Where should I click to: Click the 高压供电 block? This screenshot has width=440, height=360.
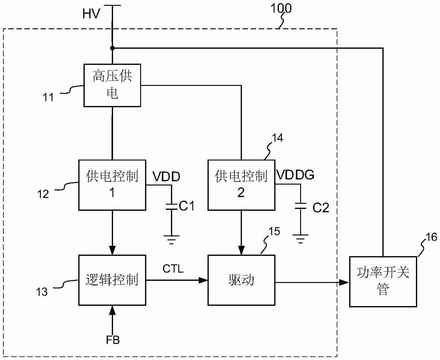[112, 85]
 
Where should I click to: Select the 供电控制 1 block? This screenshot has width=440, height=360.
[112, 185]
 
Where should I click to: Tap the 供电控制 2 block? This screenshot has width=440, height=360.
[241, 185]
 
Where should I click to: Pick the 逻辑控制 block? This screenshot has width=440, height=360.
[112, 280]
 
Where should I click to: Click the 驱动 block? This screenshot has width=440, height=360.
[241, 280]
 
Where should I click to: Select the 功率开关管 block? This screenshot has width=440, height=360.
[383, 281]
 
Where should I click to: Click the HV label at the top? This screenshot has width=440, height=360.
[91, 14]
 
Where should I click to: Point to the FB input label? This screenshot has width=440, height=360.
[113, 340]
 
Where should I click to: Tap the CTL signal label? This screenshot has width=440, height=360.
[173, 269]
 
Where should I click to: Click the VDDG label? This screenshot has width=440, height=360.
[295, 175]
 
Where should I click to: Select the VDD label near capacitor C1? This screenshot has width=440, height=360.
[166, 177]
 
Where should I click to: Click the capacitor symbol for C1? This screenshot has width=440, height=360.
[172, 206]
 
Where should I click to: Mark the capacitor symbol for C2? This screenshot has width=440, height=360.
[300, 206]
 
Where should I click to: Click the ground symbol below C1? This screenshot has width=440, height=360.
[172, 239]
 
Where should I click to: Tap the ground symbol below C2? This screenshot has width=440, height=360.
[300, 239]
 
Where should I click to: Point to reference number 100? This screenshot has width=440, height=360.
[281, 9]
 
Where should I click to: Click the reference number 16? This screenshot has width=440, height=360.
[431, 237]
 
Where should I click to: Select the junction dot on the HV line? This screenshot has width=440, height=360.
[112, 48]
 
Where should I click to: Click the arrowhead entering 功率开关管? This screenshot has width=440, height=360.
[344, 282]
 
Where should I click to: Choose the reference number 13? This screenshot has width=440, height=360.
[42, 292]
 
